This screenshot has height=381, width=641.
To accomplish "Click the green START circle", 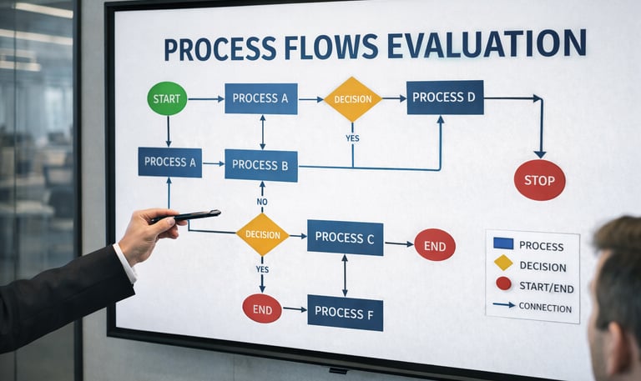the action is (x=167, y=98).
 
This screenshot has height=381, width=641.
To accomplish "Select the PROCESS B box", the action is (x=260, y=165).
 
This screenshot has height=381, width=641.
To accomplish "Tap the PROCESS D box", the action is (x=445, y=98).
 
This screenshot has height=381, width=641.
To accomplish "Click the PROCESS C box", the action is (x=345, y=238).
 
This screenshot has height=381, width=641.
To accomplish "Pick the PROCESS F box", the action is (x=345, y=313).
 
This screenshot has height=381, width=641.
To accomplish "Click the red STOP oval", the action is (x=539, y=180).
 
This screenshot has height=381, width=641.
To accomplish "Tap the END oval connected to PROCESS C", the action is (x=435, y=244).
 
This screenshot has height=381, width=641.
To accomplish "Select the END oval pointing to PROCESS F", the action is (x=262, y=308).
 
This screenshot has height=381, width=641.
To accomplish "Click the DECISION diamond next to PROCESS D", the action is (x=352, y=99).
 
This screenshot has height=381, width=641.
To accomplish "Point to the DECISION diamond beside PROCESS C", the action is (x=262, y=234).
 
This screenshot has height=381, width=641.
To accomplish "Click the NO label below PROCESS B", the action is (x=261, y=201).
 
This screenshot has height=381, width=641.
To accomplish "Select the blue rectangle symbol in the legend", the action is (x=503, y=244).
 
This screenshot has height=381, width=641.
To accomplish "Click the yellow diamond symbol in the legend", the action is (x=503, y=263).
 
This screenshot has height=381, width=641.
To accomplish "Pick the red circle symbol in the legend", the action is (x=503, y=283).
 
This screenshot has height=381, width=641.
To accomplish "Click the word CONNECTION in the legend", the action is (x=545, y=308).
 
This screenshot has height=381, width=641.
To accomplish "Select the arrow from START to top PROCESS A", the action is (x=205, y=99).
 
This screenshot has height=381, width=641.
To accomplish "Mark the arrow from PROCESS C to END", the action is (x=398, y=243).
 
